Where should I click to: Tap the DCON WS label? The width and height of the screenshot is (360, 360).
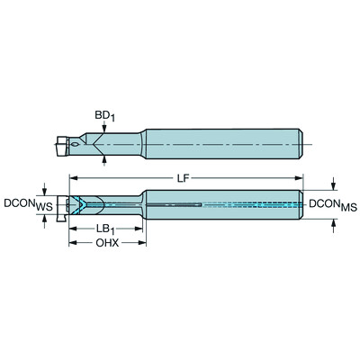22,204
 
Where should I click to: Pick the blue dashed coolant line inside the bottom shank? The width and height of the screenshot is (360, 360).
252,205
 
